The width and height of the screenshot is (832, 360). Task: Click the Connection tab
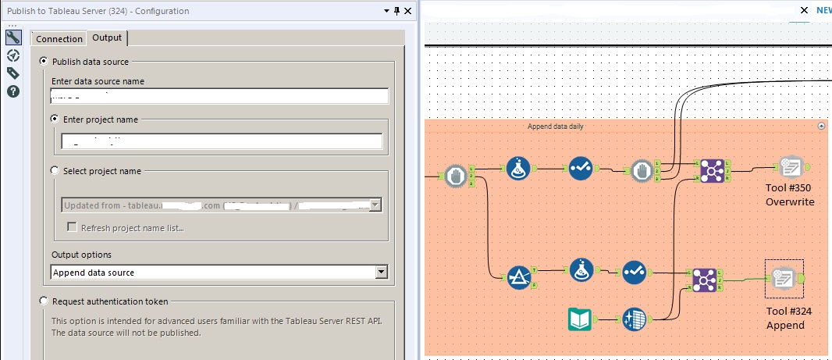59,38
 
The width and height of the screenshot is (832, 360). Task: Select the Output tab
106,37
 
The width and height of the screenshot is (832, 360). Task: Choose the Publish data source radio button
44,61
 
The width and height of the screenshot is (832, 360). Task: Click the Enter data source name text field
219,96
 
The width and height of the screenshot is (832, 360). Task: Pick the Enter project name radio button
55,119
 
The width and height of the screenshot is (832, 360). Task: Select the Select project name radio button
55,170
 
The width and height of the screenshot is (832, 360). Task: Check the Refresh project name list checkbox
73,227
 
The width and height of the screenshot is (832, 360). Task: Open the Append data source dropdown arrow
381,272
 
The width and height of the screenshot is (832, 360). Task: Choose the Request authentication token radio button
44,301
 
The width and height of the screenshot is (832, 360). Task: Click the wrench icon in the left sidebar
12,37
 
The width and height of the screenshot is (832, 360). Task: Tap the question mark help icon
12,91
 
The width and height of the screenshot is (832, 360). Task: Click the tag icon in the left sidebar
12,73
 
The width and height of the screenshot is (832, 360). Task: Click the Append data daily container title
555,126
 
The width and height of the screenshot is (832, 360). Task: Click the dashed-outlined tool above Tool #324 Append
784,278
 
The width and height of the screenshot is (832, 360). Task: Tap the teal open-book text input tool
581,319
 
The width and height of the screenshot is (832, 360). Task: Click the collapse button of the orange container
820,126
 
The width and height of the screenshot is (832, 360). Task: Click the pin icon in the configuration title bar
396,10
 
